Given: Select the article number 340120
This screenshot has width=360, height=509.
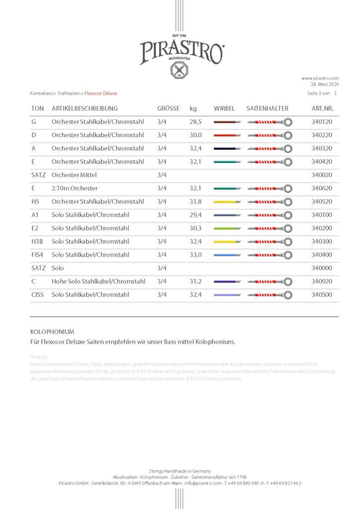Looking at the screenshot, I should [x=321, y=122].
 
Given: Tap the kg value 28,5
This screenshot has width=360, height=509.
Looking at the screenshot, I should [x=195, y=122].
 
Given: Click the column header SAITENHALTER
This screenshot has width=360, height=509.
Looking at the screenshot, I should [x=267, y=108].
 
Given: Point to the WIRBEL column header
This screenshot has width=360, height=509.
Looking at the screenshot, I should [x=224, y=108].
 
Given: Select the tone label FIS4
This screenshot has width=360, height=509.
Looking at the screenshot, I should [x=38, y=255].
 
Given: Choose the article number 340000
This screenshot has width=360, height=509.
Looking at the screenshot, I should [x=321, y=268].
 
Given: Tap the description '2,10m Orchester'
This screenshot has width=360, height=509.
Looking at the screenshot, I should [x=75, y=188].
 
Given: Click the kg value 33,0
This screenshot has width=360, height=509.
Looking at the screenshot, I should [x=195, y=255].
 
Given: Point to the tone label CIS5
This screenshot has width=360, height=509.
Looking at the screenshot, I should [x=38, y=295].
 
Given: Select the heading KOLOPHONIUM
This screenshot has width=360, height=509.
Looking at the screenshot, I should [x=52, y=331].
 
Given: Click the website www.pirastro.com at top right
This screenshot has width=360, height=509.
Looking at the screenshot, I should [x=320, y=78].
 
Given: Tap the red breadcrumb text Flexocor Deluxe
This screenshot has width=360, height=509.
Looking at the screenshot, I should [x=101, y=93].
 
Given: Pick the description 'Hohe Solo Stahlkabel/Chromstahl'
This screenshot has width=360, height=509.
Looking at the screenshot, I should [x=98, y=281].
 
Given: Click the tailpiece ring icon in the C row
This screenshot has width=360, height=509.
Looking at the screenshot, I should [x=288, y=282].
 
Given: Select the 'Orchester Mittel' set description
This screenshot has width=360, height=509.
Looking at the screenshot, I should [x=74, y=175].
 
